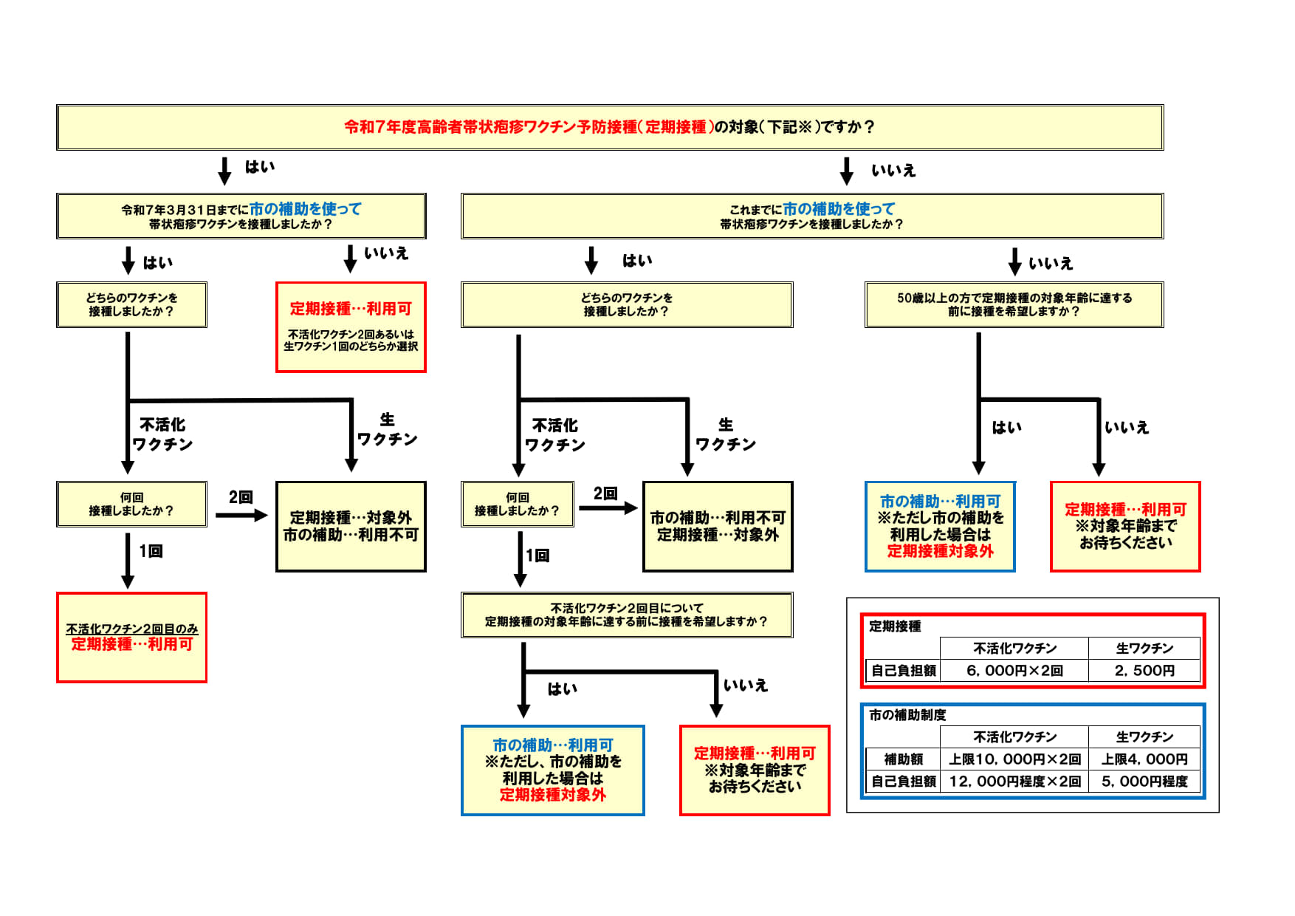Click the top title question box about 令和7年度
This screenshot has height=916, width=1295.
[610, 127]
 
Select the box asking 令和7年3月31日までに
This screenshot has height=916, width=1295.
[241, 216]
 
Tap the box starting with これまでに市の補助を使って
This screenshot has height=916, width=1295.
[811, 216]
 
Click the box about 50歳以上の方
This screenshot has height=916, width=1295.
[1014, 304]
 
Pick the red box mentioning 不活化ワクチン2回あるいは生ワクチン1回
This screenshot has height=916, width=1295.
[351, 327]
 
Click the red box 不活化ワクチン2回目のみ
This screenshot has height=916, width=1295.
[131, 637]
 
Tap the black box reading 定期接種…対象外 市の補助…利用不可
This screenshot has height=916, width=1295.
[351, 526]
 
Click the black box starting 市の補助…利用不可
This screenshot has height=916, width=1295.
[718, 526]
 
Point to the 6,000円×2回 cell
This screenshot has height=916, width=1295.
[1014, 671]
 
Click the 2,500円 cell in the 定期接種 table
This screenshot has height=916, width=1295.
[1144, 671]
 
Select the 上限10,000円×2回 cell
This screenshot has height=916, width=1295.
[1014, 759]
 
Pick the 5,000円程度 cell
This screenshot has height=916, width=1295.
[1144, 782]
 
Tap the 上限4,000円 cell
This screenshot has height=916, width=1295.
[1144, 759]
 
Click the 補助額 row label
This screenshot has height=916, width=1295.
[903, 759]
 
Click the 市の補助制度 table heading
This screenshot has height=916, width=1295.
[907, 715]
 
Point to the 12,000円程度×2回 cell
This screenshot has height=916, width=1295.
[1014, 782]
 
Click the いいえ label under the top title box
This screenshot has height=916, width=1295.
[893, 171]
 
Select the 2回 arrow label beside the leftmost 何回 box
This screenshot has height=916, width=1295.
[241, 497]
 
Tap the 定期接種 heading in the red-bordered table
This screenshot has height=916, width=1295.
[895, 626]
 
